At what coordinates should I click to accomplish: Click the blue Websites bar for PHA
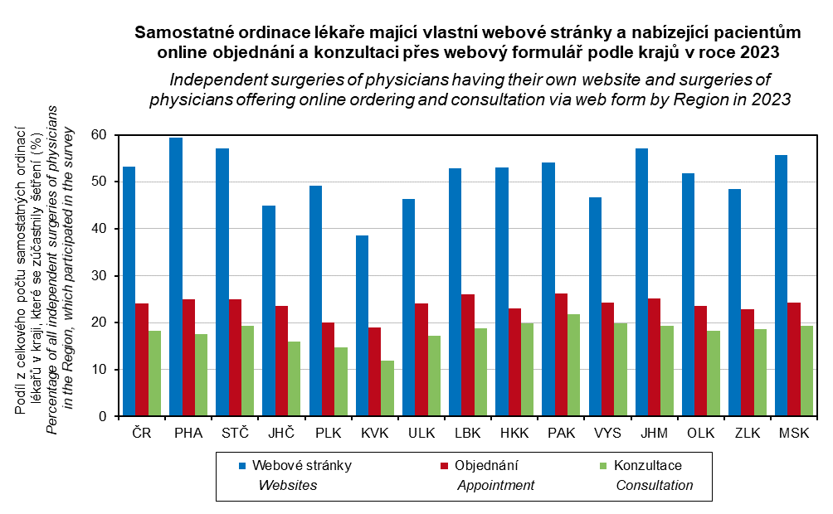(176, 277)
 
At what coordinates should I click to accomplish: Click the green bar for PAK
(574, 365)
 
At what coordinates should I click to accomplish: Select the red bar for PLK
(329, 369)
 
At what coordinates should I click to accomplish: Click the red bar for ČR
(143, 360)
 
